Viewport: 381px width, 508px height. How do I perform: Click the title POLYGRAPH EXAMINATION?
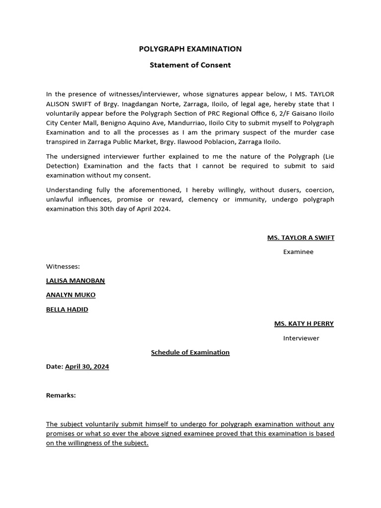pyautogui.click(x=190, y=49)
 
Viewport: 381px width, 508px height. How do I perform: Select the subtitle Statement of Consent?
pyautogui.click(x=190, y=65)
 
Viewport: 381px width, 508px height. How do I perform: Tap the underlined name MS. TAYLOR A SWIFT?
pyautogui.click(x=301, y=238)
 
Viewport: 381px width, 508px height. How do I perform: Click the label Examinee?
pyautogui.click(x=298, y=252)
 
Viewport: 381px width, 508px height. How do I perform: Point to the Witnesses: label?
pyautogui.click(x=63, y=266)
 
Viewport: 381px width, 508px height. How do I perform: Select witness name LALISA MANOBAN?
pyautogui.click(x=75, y=281)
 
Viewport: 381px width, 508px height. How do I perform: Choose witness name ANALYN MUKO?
pyautogui.click(x=71, y=295)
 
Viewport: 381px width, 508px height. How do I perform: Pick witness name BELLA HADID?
pyautogui.click(x=67, y=310)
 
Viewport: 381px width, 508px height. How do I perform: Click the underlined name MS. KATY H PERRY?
pyautogui.click(x=304, y=324)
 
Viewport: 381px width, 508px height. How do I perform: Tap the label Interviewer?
pyautogui.click(x=301, y=338)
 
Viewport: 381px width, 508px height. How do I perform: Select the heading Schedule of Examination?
pyautogui.click(x=190, y=353)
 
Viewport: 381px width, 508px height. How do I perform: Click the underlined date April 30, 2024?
pyautogui.click(x=87, y=367)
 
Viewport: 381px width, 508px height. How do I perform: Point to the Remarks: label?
pyautogui.click(x=61, y=395)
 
